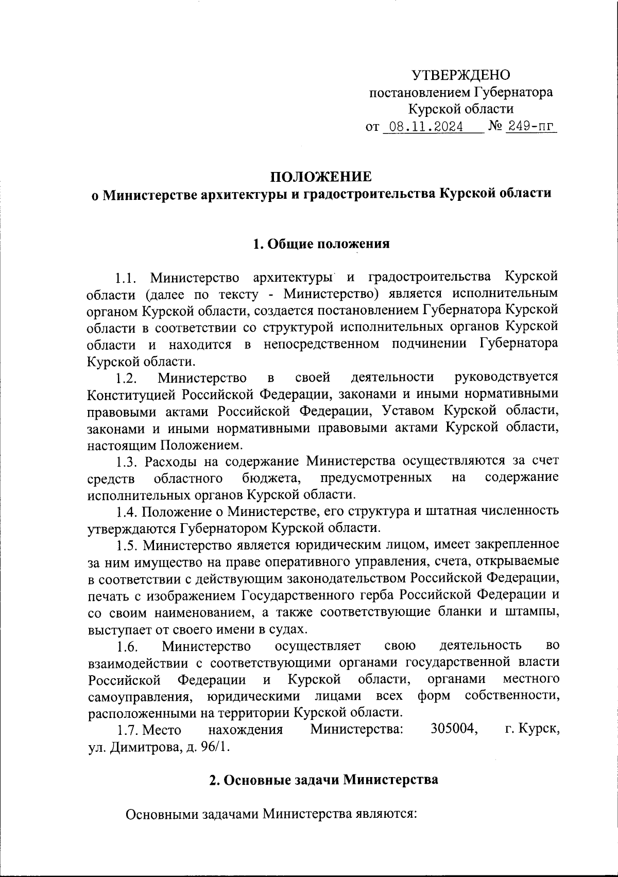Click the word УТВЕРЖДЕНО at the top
461,75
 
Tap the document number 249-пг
530,127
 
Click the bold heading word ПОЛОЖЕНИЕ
321,177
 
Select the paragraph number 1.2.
126,379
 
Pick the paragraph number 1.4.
126,512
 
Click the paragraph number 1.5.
126,545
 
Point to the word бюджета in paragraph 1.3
271,478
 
